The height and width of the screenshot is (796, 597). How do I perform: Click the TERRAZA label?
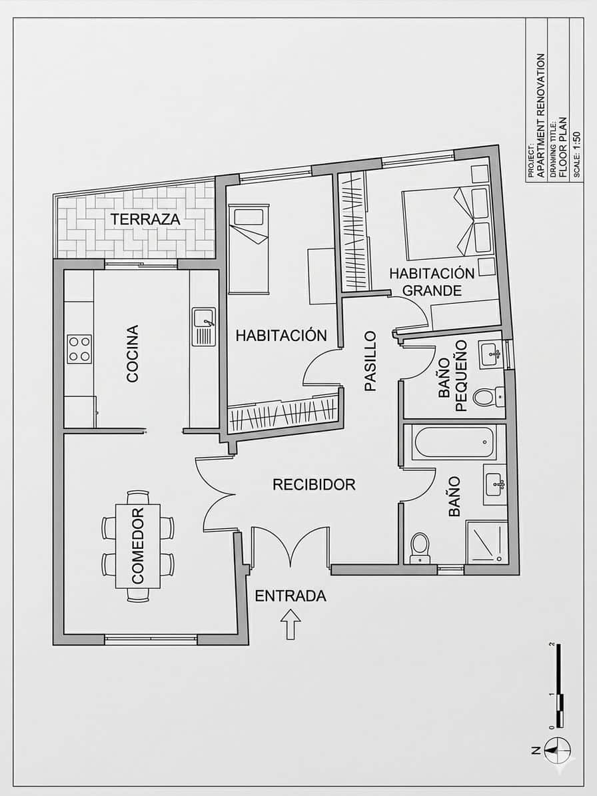tap(145, 218)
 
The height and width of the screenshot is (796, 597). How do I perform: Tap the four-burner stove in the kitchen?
tap(79, 349)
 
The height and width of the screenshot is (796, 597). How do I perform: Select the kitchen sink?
tap(203, 326)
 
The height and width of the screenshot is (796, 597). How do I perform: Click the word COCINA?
tap(133, 353)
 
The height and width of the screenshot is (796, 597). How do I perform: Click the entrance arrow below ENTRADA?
tap(290, 625)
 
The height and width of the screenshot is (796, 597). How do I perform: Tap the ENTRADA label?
tap(291, 596)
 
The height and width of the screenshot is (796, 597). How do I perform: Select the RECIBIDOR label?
tap(314, 484)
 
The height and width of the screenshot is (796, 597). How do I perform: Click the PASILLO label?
tap(370, 360)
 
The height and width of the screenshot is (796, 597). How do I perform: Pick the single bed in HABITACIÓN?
tap(249, 249)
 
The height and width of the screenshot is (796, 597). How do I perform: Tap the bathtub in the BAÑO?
tap(454, 442)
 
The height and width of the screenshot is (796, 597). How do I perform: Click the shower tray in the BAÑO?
tap(487, 542)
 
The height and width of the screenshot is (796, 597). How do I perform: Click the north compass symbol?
tap(557, 750)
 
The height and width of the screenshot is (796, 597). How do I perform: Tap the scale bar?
tap(560, 686)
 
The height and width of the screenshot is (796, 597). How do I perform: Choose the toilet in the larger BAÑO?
tap(420, 546)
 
